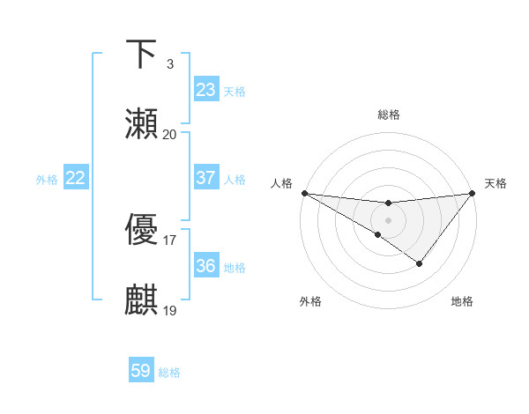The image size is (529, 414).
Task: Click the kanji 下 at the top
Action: coord(141,55)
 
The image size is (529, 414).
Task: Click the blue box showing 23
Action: coord(205,90)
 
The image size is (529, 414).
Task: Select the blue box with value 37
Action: coord(205,178)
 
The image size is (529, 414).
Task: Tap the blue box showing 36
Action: coord(205,266)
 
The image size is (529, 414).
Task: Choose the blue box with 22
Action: coord(75,178)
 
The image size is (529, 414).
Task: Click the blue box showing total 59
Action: coord(141,371)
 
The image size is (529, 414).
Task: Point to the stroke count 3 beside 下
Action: coord(169,64)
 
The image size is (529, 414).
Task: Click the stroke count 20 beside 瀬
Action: coord(169,135)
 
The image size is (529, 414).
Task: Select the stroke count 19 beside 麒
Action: coord(169,311)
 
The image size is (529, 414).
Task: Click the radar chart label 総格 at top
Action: coord(389,115)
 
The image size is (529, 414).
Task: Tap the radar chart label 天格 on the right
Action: coord(495,183)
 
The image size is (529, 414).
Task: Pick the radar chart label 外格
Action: coord(310,301)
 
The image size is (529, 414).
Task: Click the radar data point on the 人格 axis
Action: coord(304,193)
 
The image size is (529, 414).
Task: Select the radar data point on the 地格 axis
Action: coord(420,263)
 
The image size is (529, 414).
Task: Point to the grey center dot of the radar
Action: coord(389,219)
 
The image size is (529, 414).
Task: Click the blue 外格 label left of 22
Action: coord(47,179)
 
